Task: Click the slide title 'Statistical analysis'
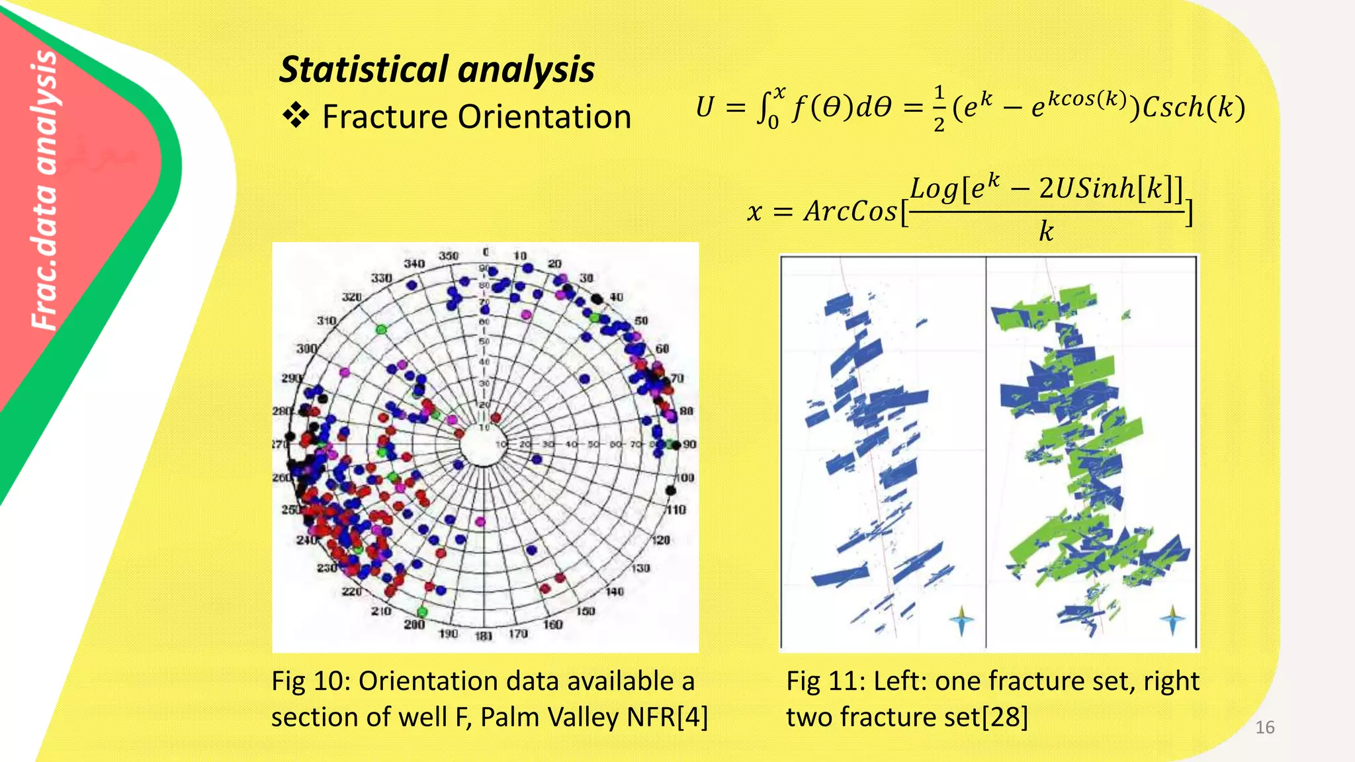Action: click(437, 69)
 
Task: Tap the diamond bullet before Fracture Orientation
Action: click(296, 116)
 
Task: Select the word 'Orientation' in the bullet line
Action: click(544, 117)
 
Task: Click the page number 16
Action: click(1264, 728)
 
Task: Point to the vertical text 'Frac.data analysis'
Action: click(46, 189)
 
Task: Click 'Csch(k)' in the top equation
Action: click(1194, 107)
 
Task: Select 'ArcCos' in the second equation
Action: click(850, 212)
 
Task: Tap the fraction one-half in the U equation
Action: click(939, 108)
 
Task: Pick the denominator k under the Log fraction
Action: click(1045, 232)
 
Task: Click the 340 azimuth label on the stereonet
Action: click(414, 264)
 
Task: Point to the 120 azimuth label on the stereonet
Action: click(660, 540)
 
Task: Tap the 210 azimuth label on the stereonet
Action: click(381, 611)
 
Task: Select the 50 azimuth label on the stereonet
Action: click(641, 321)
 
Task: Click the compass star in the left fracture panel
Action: click(961, 621)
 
